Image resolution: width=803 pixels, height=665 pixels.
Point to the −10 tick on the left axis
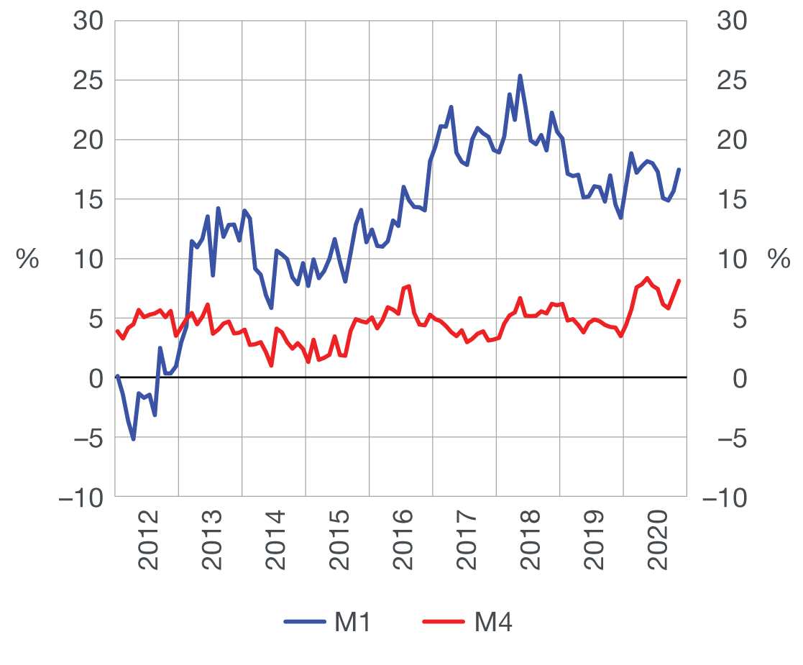(x=81, y=497)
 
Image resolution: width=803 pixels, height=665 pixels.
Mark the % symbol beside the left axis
(x=27, y=260)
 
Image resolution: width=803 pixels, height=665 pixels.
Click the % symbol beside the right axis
(x=779, y=260)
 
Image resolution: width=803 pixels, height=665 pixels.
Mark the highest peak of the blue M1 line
(x=520, y=75)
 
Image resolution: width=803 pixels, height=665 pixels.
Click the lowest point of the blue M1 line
(x=133, y=439)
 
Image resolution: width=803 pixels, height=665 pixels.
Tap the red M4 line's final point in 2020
(x=679, y=280)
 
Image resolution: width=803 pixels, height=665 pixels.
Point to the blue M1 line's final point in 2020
(x=679, y=170)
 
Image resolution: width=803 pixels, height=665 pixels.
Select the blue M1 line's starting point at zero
(x=117, y=376)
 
